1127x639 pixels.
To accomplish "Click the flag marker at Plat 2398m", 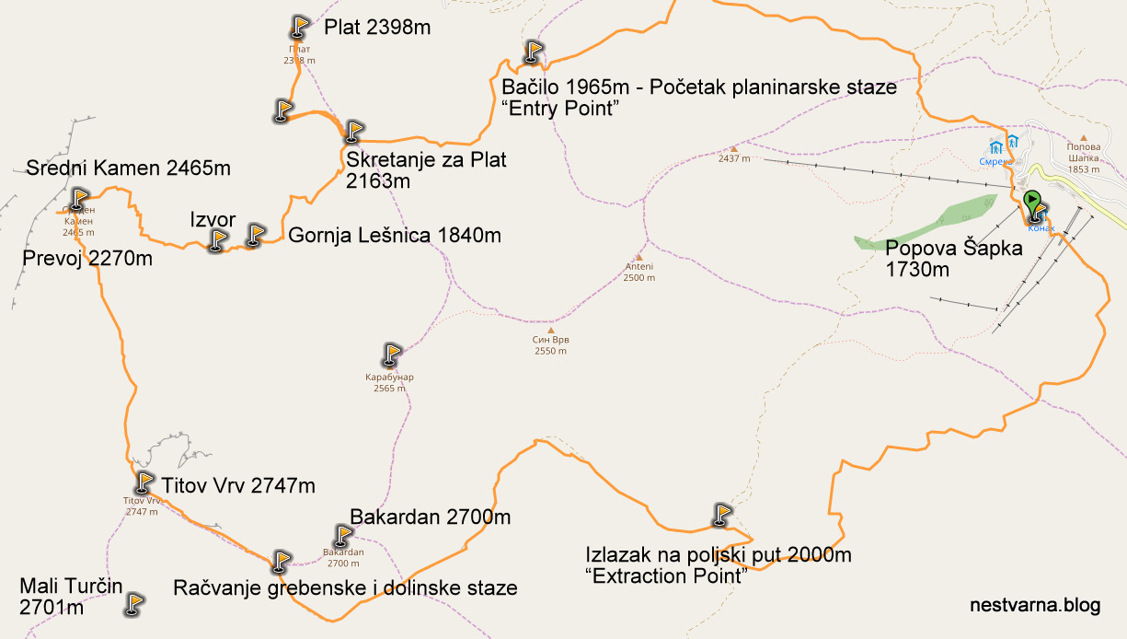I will pyautogui.click(x=299, y=27).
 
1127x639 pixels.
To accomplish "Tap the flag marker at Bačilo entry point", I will pyautogui.click(x=534, y=52).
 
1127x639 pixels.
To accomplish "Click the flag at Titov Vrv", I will pyautogui.click(x=144, y=482).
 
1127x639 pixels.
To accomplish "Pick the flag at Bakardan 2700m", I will pyautogui.click(x=343, y=535).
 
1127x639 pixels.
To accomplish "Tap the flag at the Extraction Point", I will pyautogui.click(x=722, y=514).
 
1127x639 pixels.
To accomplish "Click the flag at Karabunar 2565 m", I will pyautogui.click(x=392, y=354).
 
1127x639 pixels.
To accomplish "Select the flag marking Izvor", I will pyautogui.click(x=218, y=240).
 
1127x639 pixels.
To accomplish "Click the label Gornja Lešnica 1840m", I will pyautogui.click(x=395, y=236).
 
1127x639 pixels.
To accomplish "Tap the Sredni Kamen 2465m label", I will pyautogui.click(x=128, y=168).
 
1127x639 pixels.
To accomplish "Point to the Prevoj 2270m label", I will pyautogui.click(x=87, y=259).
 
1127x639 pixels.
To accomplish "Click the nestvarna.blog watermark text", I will pyautogui.click(x=1035, y=605).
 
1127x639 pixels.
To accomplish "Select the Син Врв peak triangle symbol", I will pyautogui.click(x=551, y=330).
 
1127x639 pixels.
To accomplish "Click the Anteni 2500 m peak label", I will pyautogui.click(x=638, y=272).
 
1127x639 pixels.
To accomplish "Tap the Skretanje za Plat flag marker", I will pyautogui.click(x=354, y=132).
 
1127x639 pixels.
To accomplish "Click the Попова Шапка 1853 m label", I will pyautogui.click(x=1083, y=157).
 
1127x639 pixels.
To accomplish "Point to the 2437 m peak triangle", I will pyautogui.click(x=734, y=148).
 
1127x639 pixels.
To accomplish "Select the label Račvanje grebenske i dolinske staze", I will pyautogui.click(x=345, y=587).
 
